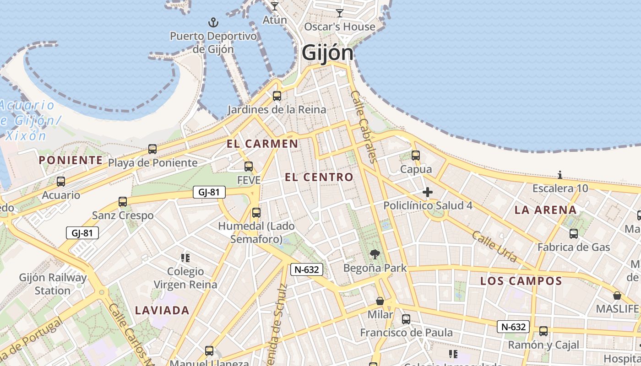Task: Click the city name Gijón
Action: click(x=327, y=53)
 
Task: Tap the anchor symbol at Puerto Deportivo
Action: click(x=213, y=22)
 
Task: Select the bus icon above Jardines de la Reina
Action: click(x=277, y=96)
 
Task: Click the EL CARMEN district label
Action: click(x=262, y=144)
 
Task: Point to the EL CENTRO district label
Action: click(x=319, y=177)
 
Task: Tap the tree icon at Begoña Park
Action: click(x=375, y=254)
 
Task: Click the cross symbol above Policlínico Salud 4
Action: click(x=428, y=192)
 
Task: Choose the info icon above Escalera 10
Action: click(x=560, y=175)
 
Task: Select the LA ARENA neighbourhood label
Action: click(x=545, y=210)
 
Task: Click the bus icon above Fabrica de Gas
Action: click(x=574, y=234)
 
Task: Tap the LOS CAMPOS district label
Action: click(x=521, y=281)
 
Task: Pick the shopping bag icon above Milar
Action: click(x=380, y=301)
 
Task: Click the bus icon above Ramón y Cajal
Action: click(x=543, y=331)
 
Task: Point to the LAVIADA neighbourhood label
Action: click(x=162, y=311)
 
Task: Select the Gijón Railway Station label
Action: click(x=53, y=284)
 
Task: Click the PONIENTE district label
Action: click(x=71, y=160)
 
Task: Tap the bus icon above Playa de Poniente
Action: click(x=152, y=149)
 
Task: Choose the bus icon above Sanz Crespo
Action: click(x=123, y=202)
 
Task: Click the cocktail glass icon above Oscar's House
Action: click(x=340, y=13)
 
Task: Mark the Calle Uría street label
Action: click(x=494, y=247)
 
